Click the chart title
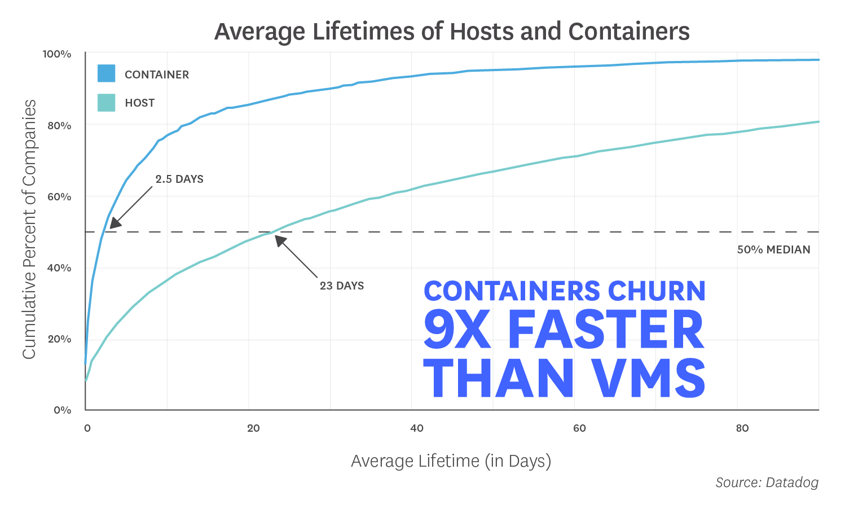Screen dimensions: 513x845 pos(452,32)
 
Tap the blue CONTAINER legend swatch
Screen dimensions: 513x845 pos(106,74)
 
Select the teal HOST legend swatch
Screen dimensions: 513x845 pos(106,103)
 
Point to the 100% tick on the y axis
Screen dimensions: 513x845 pos(57,54)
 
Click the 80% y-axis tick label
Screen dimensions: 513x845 pos(59,125)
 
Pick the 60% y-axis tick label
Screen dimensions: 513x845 pos(59,196)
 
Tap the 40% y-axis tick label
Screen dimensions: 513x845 pos(59,268)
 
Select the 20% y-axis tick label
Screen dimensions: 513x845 pos(59,339)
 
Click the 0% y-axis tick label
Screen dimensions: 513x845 pos(62,410)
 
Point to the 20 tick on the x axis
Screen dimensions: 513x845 pos(253,428)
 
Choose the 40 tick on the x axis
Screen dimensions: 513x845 pos(417,428)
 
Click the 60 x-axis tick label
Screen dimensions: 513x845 pos(579,428)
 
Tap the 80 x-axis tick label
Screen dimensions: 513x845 pos(742,428)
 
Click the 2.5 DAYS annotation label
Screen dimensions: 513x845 pos(179,179)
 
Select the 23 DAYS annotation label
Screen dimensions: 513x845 pos(342,286)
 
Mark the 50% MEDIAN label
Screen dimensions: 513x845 pos(773,249)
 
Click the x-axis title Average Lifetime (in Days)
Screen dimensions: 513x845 pos(451,461)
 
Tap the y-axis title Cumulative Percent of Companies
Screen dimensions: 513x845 pos(29,229)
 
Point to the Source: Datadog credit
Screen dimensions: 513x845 pos(767,483)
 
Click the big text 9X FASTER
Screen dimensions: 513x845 pos(564,331)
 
